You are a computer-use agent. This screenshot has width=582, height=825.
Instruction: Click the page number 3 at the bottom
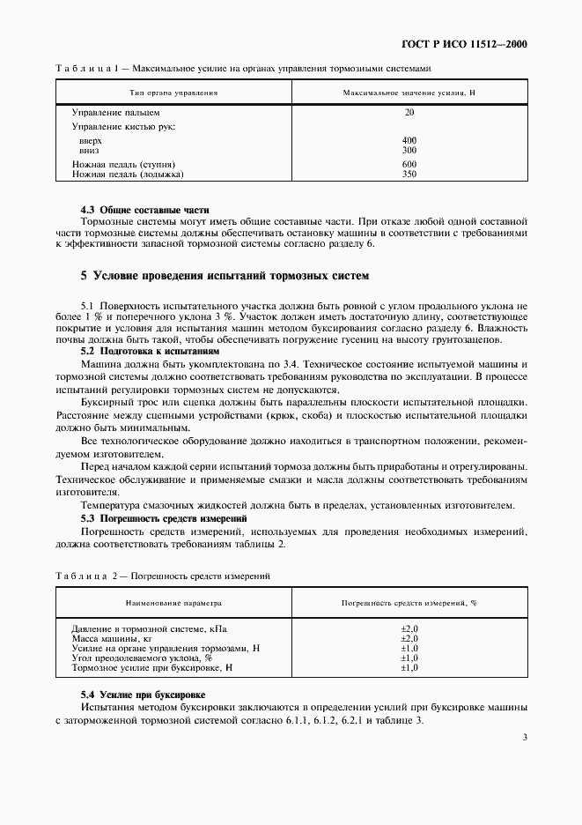click(x=524, y=738)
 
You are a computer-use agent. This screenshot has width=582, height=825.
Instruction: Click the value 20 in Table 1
click(x=409, y=113)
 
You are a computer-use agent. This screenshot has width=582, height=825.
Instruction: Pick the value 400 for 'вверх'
click(x=409, y=141)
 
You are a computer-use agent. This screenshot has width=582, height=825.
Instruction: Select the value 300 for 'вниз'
click(x=409, y=150)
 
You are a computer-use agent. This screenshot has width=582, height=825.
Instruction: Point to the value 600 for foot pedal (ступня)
click(x=409, y=165)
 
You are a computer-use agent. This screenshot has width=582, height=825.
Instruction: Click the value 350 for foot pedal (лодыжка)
click(x=409, y=175)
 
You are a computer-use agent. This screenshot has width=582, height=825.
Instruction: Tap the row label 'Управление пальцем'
click(x=115, y=113)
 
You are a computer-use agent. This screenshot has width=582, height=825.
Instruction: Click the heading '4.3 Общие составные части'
click(x=145, y=210)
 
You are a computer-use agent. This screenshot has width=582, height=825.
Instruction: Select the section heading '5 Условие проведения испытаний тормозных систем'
click(x=218, y=276)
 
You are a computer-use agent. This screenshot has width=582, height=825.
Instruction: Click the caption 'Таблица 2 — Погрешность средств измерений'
click(x=162, y=576)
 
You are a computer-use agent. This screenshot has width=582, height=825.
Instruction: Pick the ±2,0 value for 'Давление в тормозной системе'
click(x=409, y=628)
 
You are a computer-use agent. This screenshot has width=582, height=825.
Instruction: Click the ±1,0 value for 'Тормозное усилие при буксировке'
click(x=409, y=668)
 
